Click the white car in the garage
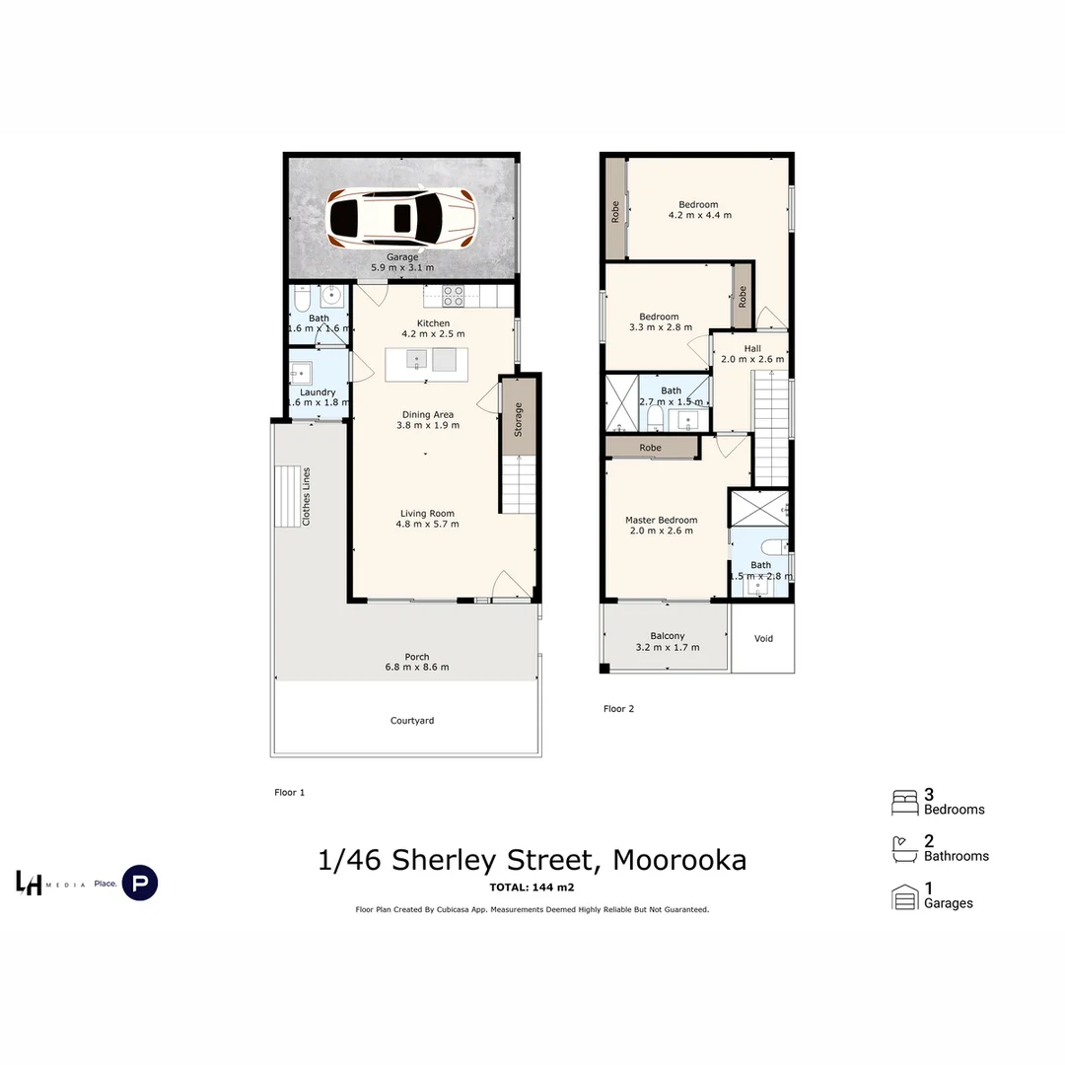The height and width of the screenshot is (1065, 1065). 400,217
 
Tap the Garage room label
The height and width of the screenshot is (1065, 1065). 401,257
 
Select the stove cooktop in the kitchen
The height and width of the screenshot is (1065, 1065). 453,294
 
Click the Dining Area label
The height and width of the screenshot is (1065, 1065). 428,415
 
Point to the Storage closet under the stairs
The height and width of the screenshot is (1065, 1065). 518,418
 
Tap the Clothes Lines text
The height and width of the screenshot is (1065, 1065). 307,496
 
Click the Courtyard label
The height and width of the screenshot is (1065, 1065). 412,721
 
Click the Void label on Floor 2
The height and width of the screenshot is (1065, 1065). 763,639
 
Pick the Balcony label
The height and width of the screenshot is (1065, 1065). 668,637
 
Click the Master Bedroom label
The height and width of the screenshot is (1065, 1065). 661,521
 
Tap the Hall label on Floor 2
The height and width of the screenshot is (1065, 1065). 752,349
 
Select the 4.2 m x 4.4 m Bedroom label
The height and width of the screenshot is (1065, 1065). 698,215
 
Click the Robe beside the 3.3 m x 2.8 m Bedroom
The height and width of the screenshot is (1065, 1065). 743,296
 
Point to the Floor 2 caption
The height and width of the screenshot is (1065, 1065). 618,709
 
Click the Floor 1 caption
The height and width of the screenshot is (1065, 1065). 289,792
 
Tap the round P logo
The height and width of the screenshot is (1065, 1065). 140,883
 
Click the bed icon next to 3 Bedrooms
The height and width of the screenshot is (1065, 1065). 904,803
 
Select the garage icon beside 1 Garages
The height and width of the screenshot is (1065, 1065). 904,897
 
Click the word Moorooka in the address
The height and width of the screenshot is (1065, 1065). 679,860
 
